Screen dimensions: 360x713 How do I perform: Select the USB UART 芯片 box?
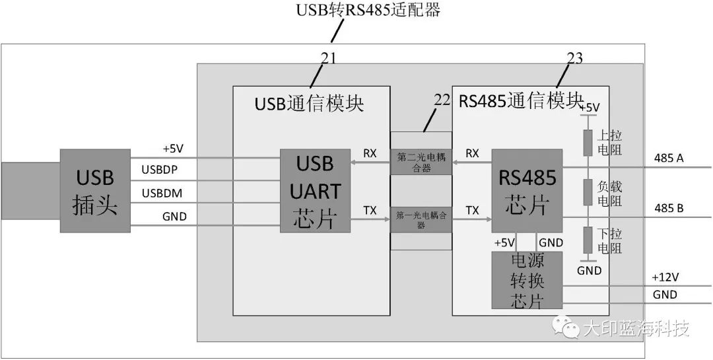315,191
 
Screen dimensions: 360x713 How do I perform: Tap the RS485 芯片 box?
526,190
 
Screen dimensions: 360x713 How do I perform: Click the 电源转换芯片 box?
526,280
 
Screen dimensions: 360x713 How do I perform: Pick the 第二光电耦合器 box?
421,161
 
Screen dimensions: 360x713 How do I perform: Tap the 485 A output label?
668,158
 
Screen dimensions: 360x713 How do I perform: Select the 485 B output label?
668,209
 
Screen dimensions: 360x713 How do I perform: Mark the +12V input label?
665,277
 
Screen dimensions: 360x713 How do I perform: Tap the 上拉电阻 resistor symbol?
587,143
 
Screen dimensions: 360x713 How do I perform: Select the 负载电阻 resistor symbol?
587,192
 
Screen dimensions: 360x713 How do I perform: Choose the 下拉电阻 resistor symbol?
587,240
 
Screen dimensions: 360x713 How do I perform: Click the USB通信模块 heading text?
309,104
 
